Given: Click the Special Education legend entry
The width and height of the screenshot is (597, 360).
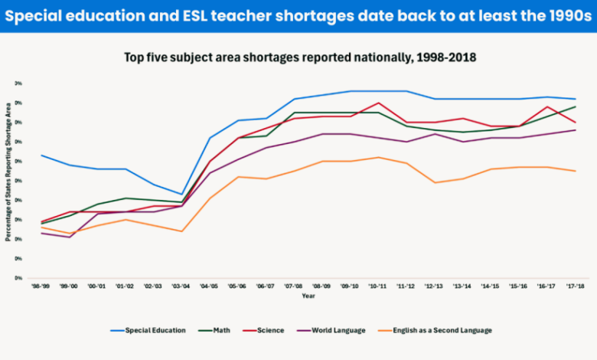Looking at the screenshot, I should click(x=148, y=330).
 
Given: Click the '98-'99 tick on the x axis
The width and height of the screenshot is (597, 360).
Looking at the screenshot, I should click(x=41, y=285).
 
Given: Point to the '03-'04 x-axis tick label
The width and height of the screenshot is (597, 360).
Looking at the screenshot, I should click(x=181, y=285).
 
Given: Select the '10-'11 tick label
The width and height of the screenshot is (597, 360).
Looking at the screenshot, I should click(x=377, y=285).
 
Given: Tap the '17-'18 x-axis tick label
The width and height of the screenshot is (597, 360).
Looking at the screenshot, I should click(x=575, y=285).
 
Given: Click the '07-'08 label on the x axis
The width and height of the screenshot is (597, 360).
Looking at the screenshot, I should click(x=293, y=285).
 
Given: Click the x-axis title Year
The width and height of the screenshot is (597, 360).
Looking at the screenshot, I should click(x=308, y=296).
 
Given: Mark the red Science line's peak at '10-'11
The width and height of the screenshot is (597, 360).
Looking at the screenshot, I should click(x=377, y=103).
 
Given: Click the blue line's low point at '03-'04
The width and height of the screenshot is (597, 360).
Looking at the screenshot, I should click(x=181, y=195).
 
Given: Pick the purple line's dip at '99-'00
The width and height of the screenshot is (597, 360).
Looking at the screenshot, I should click(x=69, y=237).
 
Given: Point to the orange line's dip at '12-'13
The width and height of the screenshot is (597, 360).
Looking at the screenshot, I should click(x=434, y=182).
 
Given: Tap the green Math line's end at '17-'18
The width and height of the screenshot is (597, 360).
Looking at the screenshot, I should click(x=575, y=106).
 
